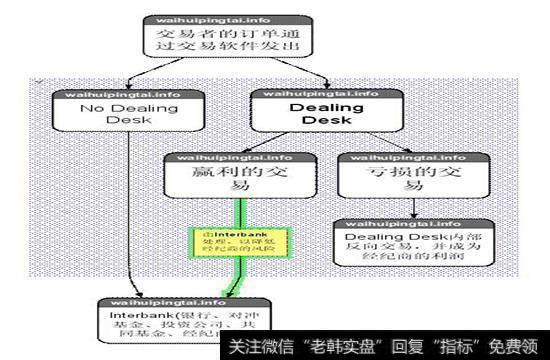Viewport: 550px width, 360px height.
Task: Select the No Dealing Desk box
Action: coord(130,113)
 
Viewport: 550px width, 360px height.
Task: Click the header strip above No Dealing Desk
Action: coord(130,93)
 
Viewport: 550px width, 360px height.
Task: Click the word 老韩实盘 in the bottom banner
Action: coord(321,345)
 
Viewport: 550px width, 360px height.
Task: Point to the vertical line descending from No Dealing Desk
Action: coord(130,210)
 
